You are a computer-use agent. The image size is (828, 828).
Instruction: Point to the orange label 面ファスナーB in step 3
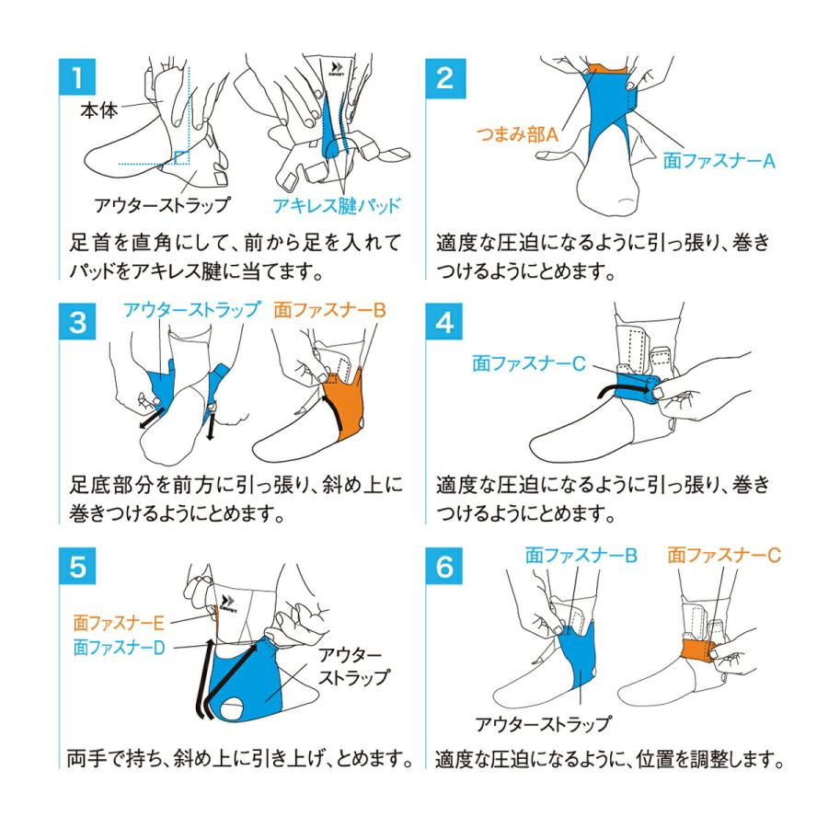point(328,310)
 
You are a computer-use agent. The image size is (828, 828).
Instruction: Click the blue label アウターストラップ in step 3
point(190,310)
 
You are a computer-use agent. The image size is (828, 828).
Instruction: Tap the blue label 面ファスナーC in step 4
point(528,364)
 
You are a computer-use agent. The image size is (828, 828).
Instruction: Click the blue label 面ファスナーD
point(119,647)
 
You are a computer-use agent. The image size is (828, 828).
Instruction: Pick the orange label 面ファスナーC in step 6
point(724,556)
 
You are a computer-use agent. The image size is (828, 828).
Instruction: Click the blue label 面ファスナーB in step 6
point(581,556)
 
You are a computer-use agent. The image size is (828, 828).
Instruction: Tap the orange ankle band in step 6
point(700,652)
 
